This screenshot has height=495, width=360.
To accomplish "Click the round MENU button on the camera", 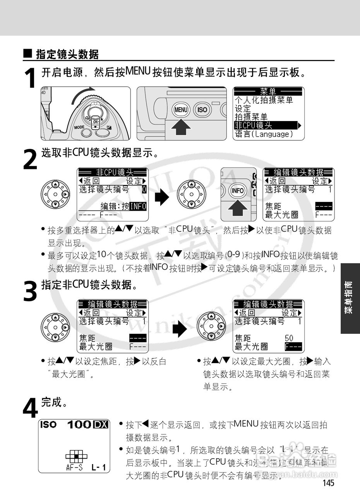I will (x=180, y=109).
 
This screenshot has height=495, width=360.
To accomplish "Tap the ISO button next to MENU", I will (x=202, y=110).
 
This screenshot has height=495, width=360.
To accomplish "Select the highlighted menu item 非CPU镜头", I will (x=254, y=125).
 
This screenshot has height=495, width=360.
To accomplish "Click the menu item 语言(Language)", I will (x=264, y=134).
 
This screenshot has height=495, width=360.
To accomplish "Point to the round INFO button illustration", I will (x=238, y=190).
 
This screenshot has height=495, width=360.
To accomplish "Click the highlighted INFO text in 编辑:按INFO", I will (x=138, y=206).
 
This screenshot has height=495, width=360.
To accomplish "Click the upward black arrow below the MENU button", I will (x=181, y=127).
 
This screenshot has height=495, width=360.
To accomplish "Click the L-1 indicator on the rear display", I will (x=99, y=467).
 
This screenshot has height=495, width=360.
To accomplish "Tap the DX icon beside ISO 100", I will (x=101, y=425).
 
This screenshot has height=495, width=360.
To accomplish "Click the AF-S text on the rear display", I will (x=74, y=467).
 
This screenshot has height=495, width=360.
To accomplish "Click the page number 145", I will (x=327, y=483).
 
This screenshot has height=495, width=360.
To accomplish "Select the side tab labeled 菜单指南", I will (x=350, y=297).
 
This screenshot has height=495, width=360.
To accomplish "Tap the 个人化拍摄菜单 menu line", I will (x=264, y=100).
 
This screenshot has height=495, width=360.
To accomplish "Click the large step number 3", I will (x=31, y=291).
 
